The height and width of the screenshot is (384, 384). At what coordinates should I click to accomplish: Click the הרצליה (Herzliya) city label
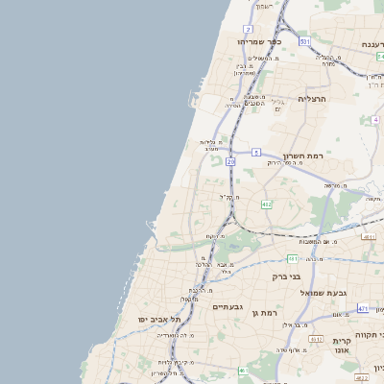(313, 99)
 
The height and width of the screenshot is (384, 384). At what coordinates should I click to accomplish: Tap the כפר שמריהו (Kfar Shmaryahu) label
(260, 42)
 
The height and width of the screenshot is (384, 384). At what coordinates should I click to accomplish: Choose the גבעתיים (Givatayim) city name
(227, 307)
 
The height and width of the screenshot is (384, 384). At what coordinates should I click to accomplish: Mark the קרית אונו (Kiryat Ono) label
(344, 347)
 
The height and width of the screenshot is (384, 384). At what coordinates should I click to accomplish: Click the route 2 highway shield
(248, 30)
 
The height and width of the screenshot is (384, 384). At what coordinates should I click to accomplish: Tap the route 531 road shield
(303, 42)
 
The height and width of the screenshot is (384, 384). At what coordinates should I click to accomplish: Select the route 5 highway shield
(256, 152)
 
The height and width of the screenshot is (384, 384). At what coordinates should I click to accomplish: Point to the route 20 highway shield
(230, 161)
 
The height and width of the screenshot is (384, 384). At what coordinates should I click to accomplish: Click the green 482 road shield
(267, 204)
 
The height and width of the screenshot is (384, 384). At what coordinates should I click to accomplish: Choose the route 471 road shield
(362, 308)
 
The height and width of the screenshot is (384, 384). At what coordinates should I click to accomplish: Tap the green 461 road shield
(243, 370)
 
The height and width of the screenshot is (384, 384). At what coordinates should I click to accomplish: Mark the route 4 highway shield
(374, 120)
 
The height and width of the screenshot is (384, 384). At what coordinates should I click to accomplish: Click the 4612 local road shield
(316, 339)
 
